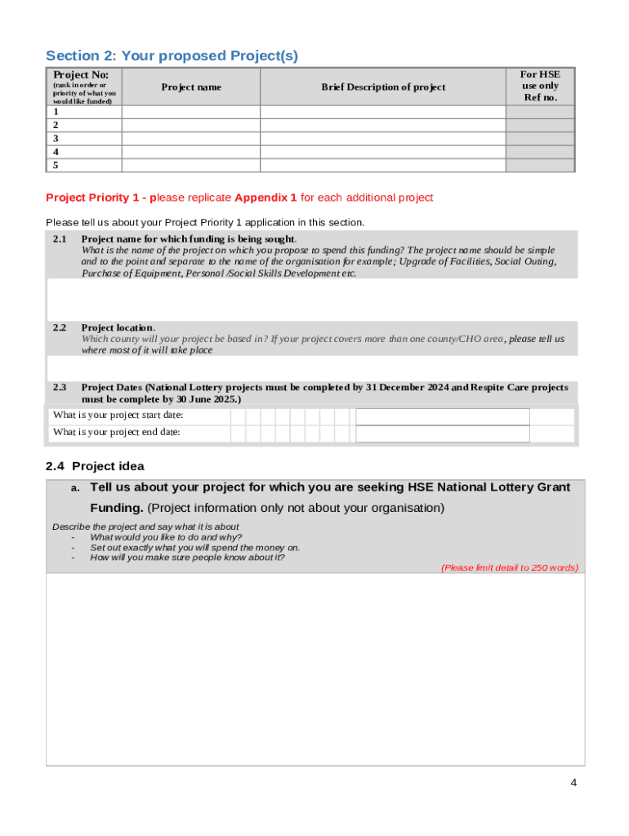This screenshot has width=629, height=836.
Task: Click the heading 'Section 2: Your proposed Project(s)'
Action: pos(172,56)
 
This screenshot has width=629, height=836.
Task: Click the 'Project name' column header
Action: pos(190,87)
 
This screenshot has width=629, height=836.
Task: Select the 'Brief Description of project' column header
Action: pos(383,87)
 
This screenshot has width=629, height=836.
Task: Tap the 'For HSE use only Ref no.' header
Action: pos(540,86)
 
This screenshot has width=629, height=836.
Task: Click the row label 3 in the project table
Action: pos(56,139)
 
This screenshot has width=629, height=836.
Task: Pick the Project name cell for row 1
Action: pos(190,112)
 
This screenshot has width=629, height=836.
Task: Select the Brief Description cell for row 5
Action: pos(383,165)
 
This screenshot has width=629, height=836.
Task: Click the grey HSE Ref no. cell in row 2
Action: pos(540,126)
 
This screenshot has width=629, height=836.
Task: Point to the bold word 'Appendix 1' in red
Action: pos(265,198)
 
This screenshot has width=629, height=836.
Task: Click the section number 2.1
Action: pos(60,238)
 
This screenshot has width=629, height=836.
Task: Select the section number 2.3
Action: pos(60,387)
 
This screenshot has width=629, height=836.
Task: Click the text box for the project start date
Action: pos(442,416)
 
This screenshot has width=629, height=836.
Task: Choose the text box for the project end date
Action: pos(442,434)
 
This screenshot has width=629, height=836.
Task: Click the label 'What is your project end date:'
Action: pos(117,433)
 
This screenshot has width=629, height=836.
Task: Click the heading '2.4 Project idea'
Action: pos(95,466)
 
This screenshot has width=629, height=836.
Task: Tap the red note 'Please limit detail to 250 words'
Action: pos(509,567)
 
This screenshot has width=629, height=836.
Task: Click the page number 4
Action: pos(573,783)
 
